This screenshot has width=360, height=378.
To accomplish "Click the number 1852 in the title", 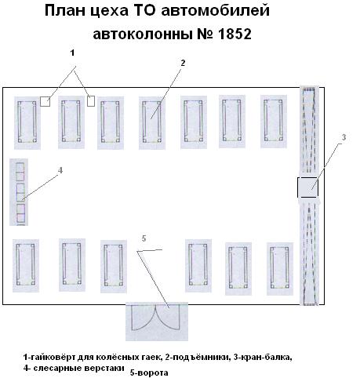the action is (234, 35).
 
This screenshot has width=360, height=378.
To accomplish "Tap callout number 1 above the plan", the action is (72, 53).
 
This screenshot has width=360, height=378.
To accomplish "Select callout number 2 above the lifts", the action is (183, 63).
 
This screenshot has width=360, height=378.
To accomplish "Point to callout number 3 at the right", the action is (344, 137).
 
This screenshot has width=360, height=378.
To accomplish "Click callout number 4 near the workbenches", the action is (60, 170).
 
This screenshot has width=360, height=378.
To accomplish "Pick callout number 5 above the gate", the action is (144, 238).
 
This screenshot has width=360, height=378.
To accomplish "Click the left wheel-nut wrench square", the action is (45, 101).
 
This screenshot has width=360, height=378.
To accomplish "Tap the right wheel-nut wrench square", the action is (91, 101).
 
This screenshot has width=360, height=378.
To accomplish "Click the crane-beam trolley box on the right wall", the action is (307, 187).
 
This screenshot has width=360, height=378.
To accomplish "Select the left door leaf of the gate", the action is (144, 318).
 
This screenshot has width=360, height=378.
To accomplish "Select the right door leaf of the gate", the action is (168, 318).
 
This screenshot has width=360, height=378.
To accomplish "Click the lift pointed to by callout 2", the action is (151, 122).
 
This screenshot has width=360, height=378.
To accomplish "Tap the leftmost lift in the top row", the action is (27, 122).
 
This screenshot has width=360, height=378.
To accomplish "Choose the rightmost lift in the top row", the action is (274, 121).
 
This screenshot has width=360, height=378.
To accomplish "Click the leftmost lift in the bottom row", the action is (25, 265).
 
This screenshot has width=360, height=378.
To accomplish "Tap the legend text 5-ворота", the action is (149, 373).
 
